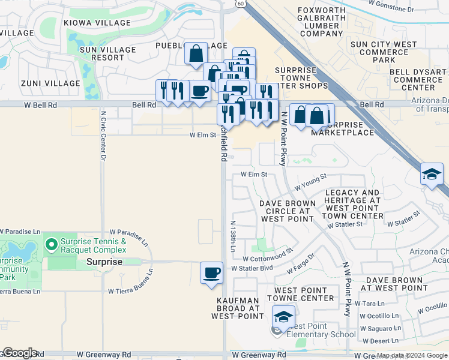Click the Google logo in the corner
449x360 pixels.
coord(19,353)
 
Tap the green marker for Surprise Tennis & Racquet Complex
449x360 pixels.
coord(52,244)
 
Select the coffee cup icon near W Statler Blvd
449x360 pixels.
coord(211,273)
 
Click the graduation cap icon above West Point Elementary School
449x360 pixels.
coord(284,316)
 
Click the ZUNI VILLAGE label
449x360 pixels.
coord(50,83)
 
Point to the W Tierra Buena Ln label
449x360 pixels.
coord(131,291)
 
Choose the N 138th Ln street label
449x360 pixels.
coord(233,235)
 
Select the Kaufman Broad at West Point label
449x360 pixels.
coord(238,308)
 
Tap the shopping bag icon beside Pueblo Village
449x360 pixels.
coord(196,53)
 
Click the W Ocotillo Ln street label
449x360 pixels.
coord(379,316)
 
